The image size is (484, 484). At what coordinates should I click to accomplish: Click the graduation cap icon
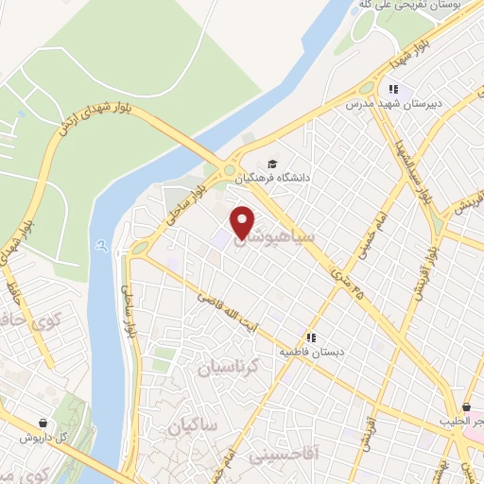point(274,163)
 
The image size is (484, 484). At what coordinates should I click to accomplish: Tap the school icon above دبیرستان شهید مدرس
point(387,90)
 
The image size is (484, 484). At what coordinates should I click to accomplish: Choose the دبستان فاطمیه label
point(306,351)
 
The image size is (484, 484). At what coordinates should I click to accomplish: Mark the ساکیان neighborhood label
point(195,427)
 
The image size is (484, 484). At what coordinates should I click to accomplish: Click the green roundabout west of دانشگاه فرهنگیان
point(230,171)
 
